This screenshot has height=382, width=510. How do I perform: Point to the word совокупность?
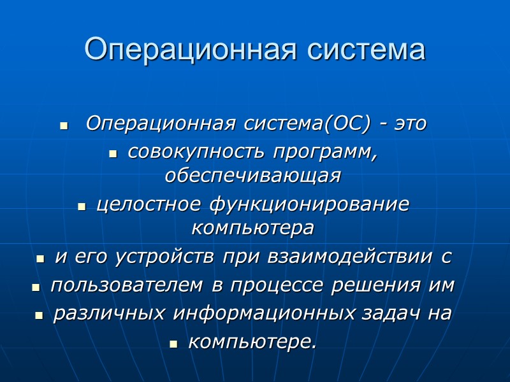tap(197, 153)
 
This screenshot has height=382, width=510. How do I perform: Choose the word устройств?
tap(167, 257)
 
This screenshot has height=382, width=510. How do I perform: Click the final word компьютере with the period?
tap(252, 343)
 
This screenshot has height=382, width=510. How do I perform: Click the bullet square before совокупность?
tap(114, 155)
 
